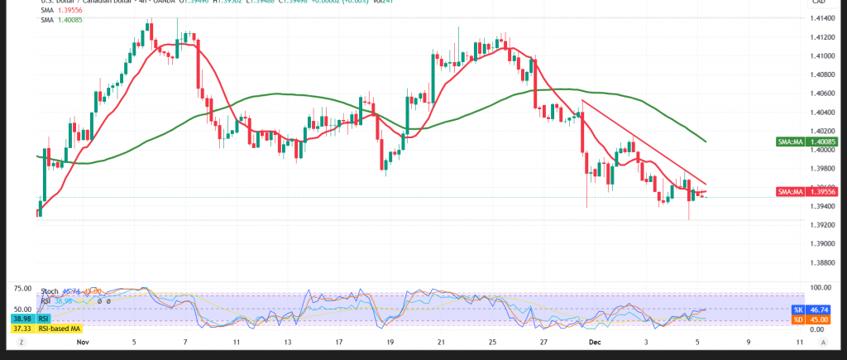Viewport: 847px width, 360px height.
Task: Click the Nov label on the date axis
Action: coord(82,341)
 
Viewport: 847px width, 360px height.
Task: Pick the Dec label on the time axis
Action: coord(593,341)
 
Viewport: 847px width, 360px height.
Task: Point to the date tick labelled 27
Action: coord(543,341)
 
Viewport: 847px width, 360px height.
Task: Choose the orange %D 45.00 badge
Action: coord(810,318)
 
